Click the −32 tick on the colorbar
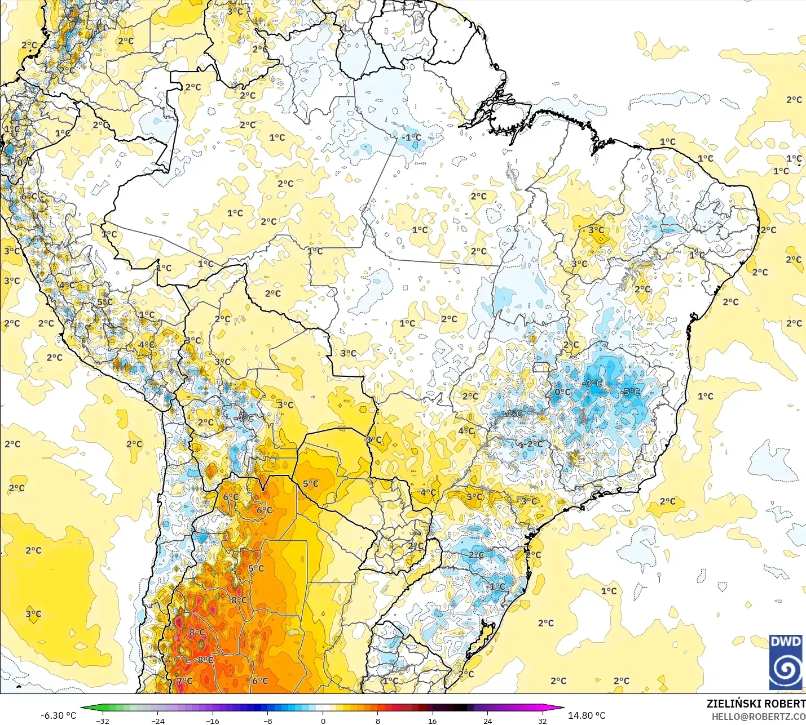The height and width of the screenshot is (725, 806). tap(102, 720)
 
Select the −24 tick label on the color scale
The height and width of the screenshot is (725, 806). tap(157, 720)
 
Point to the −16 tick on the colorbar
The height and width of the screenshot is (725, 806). tap(213, 720)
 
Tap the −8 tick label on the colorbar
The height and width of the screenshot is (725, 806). tap(268, 720)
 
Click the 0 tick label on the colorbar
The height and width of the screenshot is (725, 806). tap(323, 720)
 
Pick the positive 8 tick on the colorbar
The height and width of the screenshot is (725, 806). tap(378, 720)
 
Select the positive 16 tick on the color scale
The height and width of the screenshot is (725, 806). tap(433, 720)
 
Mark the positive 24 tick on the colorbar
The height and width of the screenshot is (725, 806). tap(488, 720)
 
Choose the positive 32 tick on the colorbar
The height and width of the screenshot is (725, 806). tap(543, 720)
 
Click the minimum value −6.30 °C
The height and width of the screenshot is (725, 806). tap(58, 715)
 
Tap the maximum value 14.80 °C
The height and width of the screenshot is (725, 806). tap(587, 715)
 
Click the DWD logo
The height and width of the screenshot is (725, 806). tap(785, 662)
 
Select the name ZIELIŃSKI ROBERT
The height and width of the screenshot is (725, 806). tap(756, 704)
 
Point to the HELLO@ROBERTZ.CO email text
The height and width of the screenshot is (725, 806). tap(759, 717)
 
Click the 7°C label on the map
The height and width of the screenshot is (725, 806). tap(184, 680)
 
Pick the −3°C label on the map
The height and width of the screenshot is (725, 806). tap(593, 384)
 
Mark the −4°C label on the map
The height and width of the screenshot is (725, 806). tap(513, 414)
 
